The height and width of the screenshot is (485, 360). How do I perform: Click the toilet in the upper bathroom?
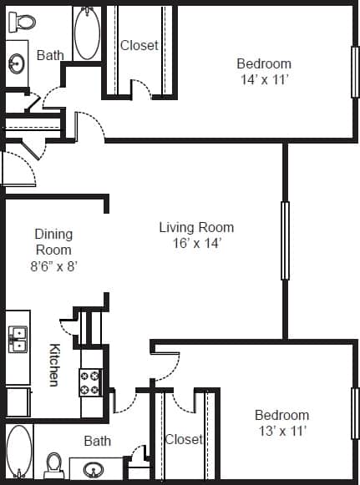pos(24,21)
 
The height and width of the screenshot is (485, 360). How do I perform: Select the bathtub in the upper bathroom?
pos(87,33)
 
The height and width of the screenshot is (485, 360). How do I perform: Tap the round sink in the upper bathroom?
pos(17,63)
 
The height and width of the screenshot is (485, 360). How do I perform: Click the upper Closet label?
pos(139,45)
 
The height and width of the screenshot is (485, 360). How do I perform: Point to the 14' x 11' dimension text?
pos(264,80)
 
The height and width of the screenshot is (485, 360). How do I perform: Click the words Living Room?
pos(196,227)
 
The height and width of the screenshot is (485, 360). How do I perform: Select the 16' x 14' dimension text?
pos(196,244)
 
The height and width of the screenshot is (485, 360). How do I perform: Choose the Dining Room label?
pos(53,242)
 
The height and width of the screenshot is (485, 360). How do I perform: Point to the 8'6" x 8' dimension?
pos(53,266)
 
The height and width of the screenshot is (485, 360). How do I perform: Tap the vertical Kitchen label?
pos(53,366)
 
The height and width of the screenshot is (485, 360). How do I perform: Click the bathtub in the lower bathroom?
pos(18,452)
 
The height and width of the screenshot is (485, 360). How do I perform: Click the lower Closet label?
pos(183,439)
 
